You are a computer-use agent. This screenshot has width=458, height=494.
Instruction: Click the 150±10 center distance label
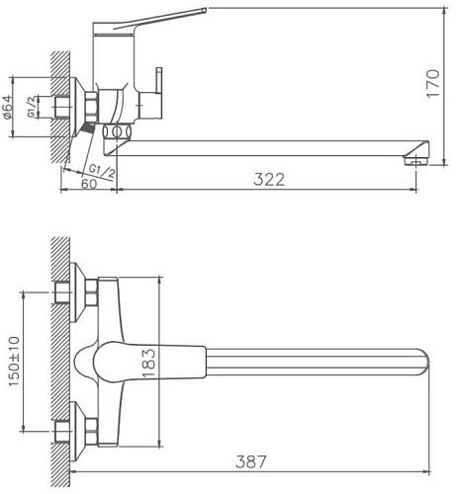point(14,361)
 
